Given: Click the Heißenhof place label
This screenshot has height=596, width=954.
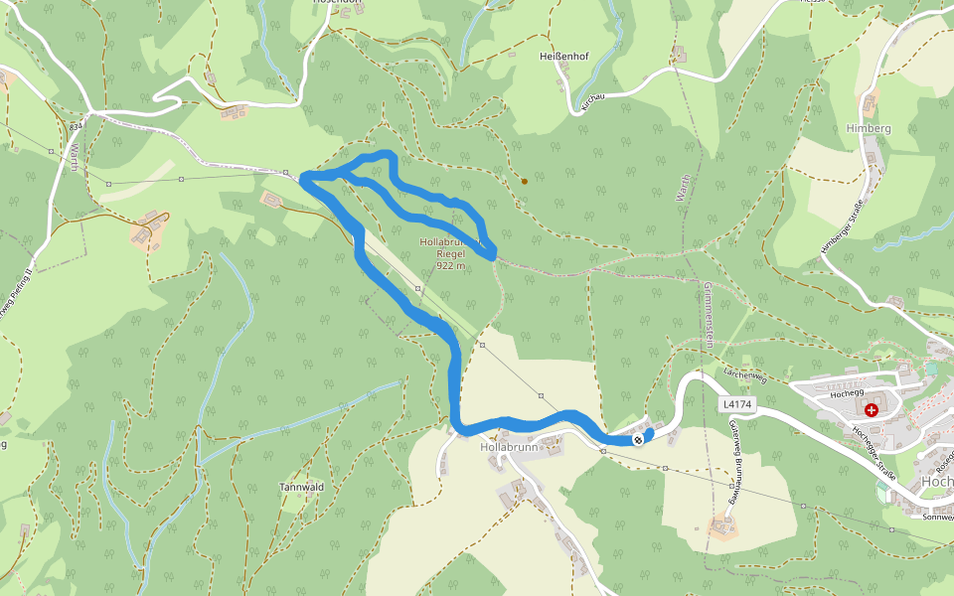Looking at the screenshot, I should click(x=563, y=57).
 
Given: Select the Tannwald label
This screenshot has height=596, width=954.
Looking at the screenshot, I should click(x=302, y=488).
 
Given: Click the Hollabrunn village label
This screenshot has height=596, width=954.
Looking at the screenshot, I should click(x=508, y=448).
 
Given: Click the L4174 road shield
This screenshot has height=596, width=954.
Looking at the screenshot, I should click(x=738, y=404).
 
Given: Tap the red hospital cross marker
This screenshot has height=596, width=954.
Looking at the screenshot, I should click(x=872, y=409).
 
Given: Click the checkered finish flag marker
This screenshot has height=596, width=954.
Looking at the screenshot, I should click(x=638, y=439).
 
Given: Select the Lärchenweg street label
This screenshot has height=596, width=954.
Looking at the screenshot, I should click(x=745, y=374).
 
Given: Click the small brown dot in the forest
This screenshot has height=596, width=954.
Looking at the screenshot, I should click(x=524, y=181).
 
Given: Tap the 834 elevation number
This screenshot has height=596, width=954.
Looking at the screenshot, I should click(x=76, y=127).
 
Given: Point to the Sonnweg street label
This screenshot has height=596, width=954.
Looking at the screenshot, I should click(x=937, y=517).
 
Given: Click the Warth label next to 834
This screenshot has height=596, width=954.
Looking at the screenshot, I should click(x=74, y=157).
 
